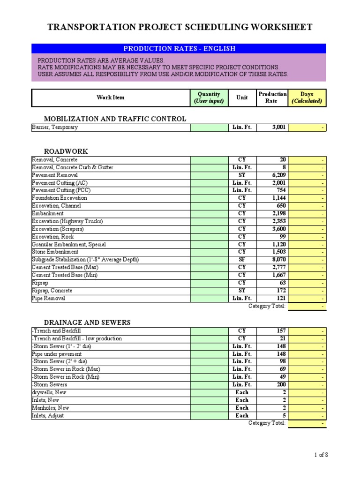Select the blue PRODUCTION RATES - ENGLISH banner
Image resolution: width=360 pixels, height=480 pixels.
pyautogui.click(x=179, y=49)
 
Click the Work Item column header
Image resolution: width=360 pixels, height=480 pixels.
pyautogui.click(x=111, y=97)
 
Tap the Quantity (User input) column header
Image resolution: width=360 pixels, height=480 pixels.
pyautogui.click(x=209, y=97)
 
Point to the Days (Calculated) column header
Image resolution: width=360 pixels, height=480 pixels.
pyautogui.click(x=307, y=97)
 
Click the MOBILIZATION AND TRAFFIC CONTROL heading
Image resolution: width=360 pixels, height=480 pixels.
pyautogui.click(x=115, y=119)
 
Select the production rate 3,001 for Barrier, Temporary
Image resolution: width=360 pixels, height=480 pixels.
pyautogui.click(x=277, y=127)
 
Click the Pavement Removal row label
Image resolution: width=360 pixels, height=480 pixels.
pyautogui.click(x=55, y=175)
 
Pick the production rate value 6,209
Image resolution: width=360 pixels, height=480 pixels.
pyautogui.click(x=277, y=175)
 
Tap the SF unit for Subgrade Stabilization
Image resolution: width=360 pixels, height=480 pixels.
pyautogui.click(x=242, y=260)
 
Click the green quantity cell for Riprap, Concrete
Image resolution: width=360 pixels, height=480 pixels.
pyautogui.click(x=209, y=291)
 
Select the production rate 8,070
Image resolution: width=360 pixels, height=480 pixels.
pyautogui.click(x=277, y=260)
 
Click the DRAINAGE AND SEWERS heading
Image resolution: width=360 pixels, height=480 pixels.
pyautogui.click(x=87, y=322)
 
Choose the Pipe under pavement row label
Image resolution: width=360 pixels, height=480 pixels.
pyautogui.click(x=57, y=354)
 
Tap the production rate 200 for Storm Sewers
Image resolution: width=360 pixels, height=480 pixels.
pyautogui.click(x=280, y=385)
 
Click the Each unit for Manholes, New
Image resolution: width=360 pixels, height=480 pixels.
pyautogui.click(x=242, y=408)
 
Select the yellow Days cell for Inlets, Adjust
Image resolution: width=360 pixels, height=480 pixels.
pyautogui.click(x=307, y=416)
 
